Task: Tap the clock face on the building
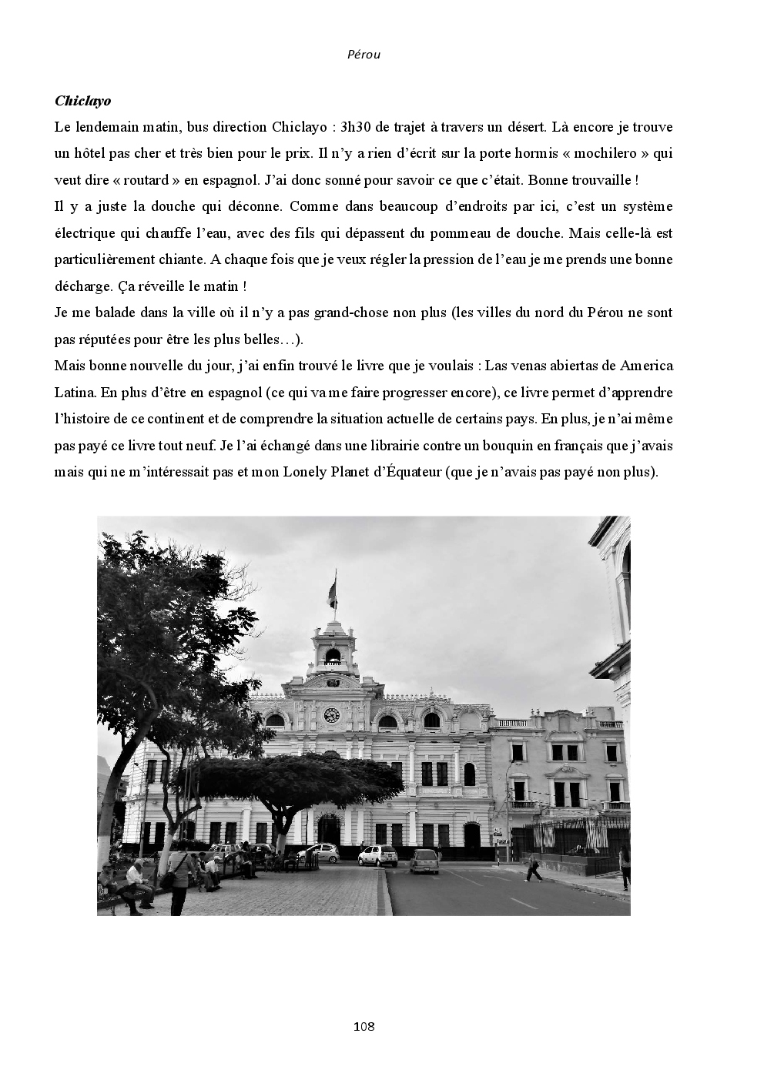coord(332,714)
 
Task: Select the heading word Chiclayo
coord(83,101)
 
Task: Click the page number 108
coord(364,1026)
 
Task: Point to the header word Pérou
coord(364,55)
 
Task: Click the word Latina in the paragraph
coord(75,393)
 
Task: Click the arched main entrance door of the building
coord(329,830)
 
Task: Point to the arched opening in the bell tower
coord(333,657)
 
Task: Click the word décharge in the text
coord(84,286)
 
